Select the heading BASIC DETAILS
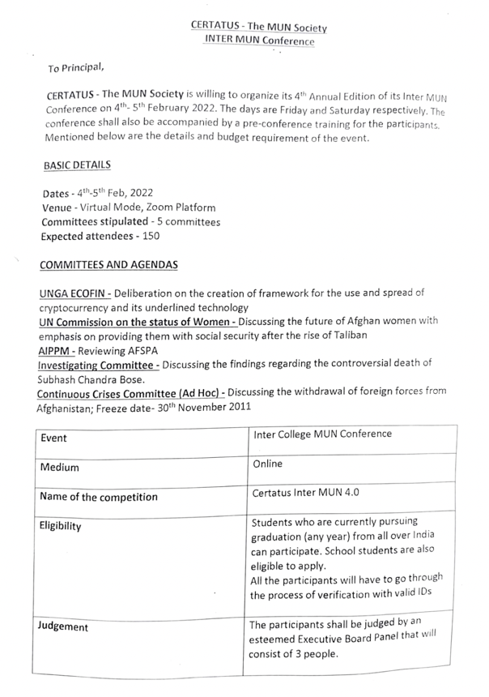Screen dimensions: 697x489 point(77,165)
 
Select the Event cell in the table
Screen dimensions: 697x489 point(55,438)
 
